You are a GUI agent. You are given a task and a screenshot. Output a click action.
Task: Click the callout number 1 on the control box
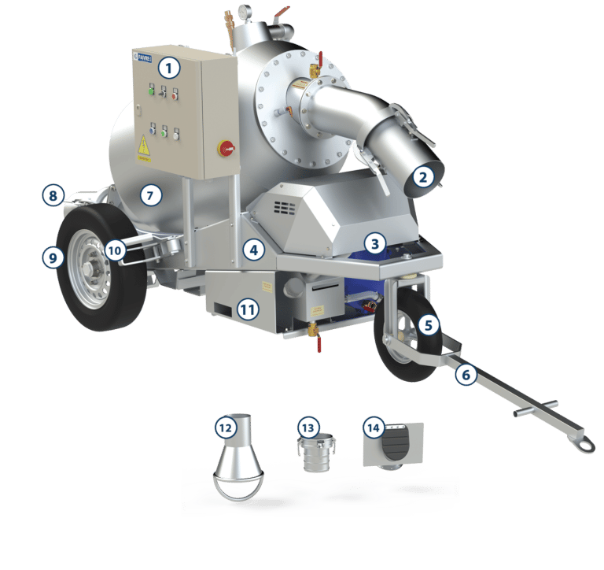point(170,68)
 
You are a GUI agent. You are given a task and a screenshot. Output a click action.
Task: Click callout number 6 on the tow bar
point(466,375)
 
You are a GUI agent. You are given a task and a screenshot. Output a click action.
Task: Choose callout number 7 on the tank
point(151,194)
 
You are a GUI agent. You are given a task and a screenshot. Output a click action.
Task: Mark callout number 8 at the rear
point(53,195)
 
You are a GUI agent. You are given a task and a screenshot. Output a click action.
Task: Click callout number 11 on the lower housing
point(248,309)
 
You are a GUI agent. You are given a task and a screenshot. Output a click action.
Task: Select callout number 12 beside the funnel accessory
point(226,427)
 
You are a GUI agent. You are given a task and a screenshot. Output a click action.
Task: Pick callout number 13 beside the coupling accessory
point(308,427)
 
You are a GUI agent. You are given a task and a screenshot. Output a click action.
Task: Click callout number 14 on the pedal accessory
point(374,427)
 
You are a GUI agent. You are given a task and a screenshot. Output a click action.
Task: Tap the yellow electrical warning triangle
point(144,145)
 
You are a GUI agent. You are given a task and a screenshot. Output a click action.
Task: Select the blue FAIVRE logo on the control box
point(145,56)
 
